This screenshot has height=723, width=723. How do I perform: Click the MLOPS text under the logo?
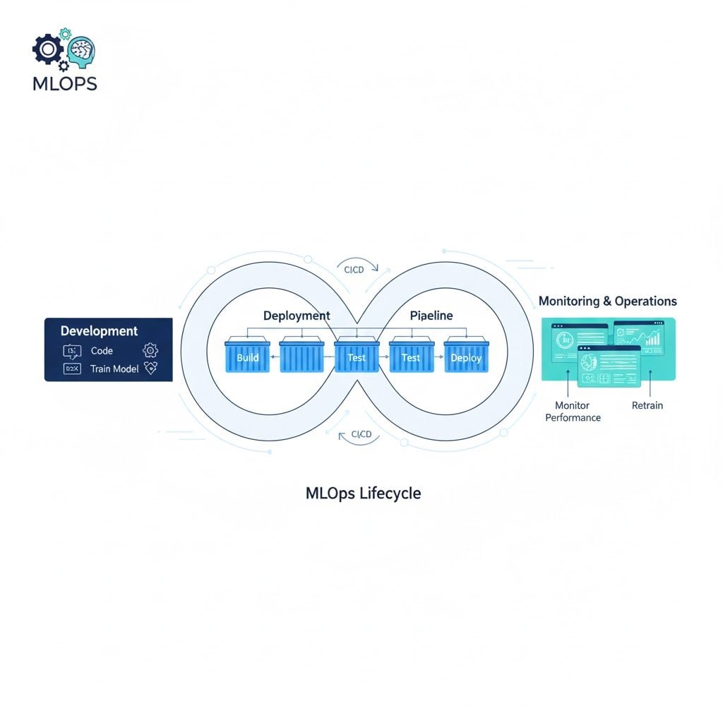(x=64, y=83)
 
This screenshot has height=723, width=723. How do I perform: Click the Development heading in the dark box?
(x=99, y=330)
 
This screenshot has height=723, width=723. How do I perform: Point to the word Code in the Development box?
(x=102, y=351)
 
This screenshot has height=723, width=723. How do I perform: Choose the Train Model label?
(x=114, y=369)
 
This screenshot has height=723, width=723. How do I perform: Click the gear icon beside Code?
(x=150, y=350)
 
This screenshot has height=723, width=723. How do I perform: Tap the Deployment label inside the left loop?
(x=297, y=316)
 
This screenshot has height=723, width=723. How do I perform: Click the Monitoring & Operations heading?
(x=607, y=301)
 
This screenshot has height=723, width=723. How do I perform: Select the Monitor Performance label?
(x=573, y=412)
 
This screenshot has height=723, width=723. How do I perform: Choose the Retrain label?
(x=647, y=406)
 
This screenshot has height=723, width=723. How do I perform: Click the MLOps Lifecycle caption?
(x=363, y=493)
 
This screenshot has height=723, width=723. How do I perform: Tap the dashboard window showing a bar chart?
(x=638, y=336)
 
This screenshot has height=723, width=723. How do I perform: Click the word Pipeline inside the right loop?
(x=431, y=316)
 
